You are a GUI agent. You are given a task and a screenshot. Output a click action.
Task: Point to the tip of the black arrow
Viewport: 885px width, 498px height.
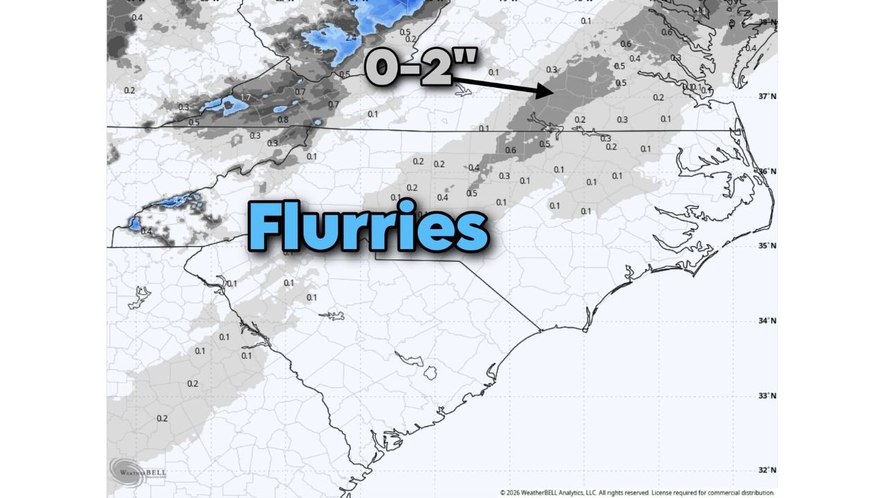[550, 91]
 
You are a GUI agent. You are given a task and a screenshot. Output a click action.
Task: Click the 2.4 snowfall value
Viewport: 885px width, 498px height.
[351, 38]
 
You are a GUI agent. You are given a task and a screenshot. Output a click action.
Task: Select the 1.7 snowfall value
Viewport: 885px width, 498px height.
[245, 98]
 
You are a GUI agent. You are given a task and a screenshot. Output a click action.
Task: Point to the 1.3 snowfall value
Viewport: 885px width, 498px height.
[319, 50]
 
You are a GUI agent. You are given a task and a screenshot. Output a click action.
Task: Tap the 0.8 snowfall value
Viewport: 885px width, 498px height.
[283, 120]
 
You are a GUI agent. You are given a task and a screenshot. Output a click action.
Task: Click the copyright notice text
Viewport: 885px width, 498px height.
[637, 492]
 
